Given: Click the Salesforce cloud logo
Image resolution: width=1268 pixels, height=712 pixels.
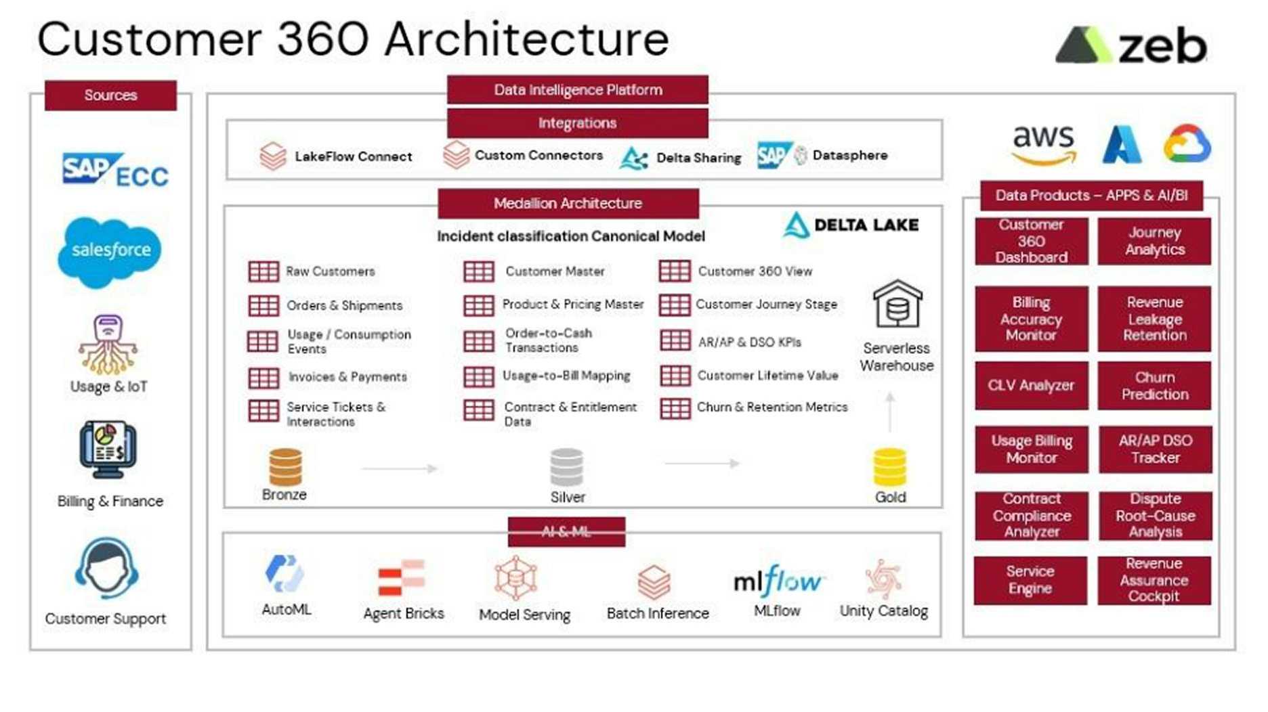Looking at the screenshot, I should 110,251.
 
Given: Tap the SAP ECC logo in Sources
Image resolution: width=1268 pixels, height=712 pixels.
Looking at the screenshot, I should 115,169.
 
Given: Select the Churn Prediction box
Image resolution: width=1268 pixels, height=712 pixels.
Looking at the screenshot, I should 1154,386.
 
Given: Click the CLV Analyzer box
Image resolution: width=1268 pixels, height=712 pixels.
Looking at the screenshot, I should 1031,386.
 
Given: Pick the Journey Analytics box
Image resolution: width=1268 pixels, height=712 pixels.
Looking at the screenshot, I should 1154,241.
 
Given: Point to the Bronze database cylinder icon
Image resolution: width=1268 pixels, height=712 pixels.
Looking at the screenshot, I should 285,467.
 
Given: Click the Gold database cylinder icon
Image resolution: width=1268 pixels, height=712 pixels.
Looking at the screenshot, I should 889,468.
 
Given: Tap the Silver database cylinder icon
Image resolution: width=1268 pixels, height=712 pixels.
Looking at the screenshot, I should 566,467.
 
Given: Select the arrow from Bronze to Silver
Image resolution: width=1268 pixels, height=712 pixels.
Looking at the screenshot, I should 400,468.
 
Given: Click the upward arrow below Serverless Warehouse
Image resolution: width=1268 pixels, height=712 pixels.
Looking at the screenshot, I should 890,412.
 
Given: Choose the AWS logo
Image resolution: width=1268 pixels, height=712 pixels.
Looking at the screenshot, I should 1043,144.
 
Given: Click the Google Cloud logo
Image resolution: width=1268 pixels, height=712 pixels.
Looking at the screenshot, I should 1187,143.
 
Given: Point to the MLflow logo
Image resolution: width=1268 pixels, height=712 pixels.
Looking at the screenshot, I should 778,581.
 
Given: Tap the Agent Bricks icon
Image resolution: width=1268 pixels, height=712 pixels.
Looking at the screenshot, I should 401,578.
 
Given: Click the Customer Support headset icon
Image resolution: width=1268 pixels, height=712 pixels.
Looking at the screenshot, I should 106,569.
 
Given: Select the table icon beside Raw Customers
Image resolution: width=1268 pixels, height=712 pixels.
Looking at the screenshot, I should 263,271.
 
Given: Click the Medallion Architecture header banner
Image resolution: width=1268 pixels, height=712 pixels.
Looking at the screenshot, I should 568,203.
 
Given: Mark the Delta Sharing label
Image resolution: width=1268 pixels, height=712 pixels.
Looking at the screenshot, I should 698,158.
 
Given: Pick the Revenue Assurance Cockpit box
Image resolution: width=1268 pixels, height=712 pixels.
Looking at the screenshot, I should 1154,580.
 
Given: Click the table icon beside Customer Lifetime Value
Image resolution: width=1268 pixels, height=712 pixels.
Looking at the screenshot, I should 675,376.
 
